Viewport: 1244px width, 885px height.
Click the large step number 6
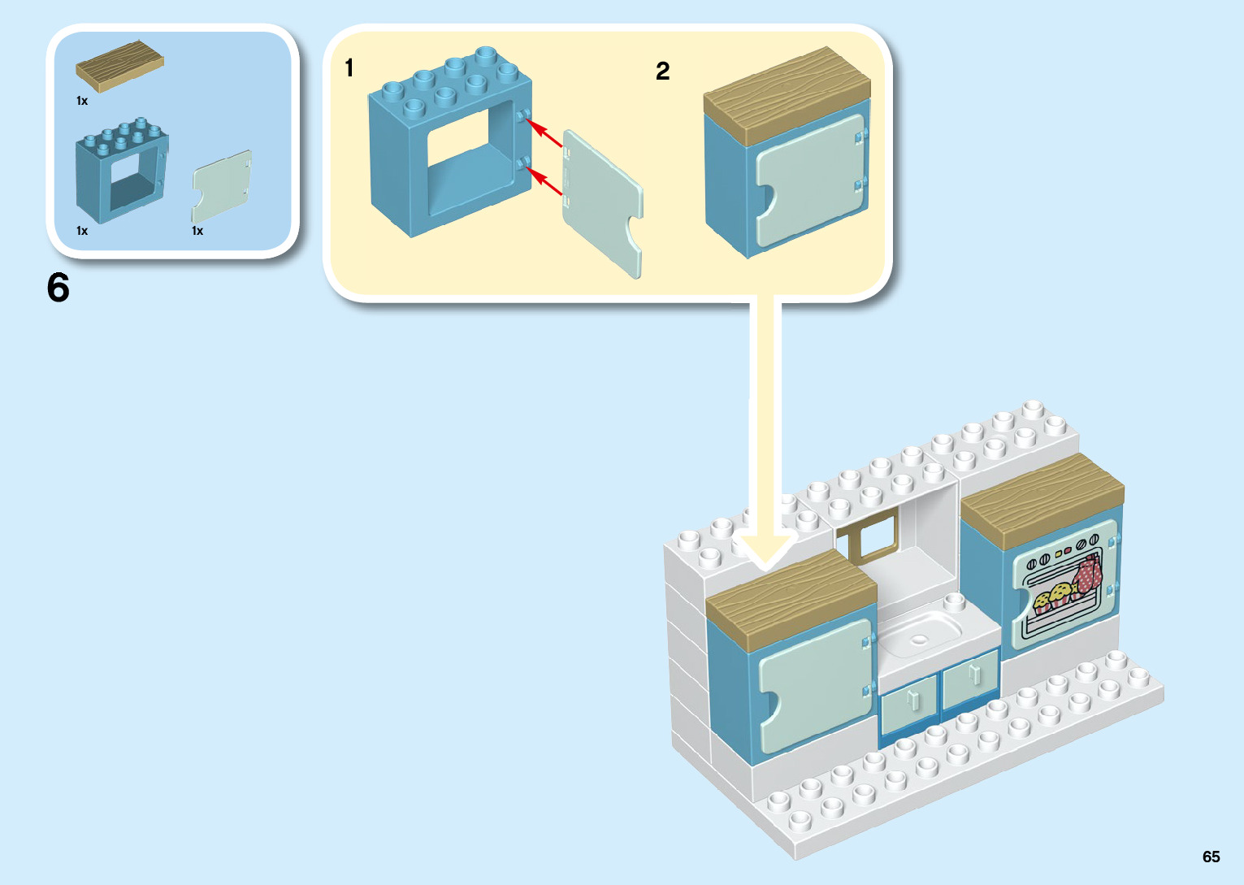(59, 288)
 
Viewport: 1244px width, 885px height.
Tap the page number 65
(1211, 857)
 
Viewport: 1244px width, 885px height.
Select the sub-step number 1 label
(349, 67)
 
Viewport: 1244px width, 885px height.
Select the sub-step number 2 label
(663, 72)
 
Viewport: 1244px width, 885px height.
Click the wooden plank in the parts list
(119, 65)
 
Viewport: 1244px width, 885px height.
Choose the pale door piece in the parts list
(222, 185)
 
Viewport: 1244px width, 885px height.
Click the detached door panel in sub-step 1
(601, 203)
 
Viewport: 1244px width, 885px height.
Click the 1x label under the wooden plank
(82, 101)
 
